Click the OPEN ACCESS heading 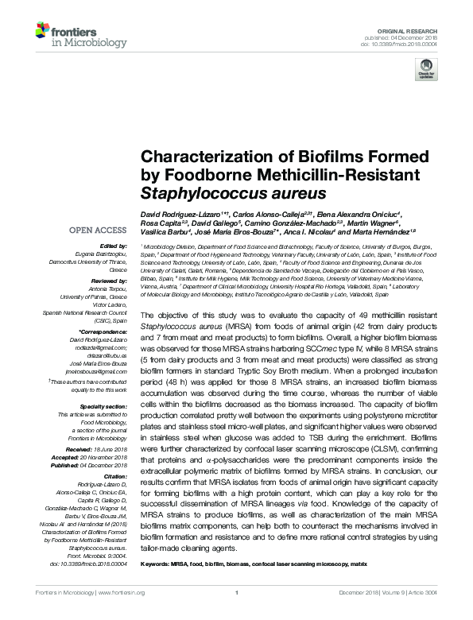click(101, 231)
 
